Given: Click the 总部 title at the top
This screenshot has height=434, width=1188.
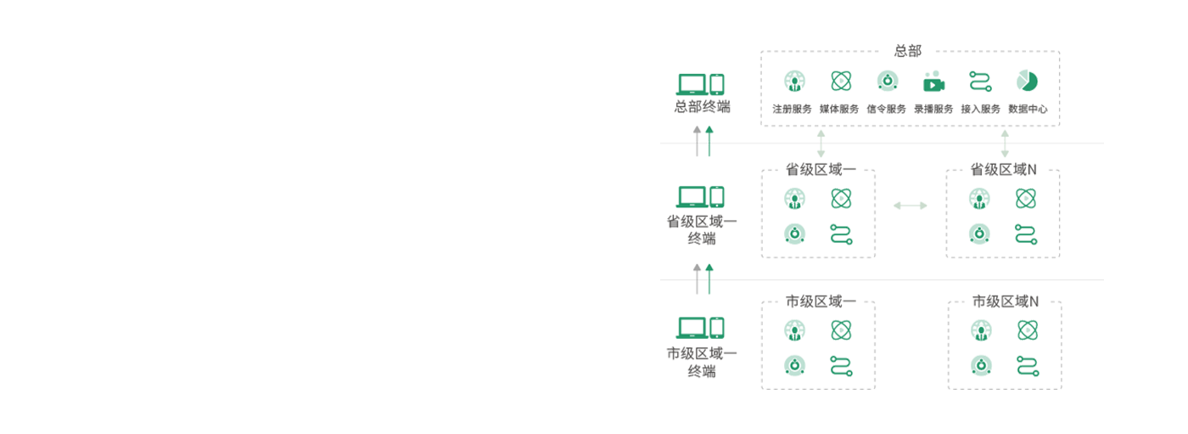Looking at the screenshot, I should point(907,51).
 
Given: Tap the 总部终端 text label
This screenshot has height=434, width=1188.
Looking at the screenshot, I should point(701,107).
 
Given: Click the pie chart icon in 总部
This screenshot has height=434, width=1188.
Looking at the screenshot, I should point(1029,82).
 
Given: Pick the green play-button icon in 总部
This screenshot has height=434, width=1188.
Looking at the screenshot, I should point(933,84).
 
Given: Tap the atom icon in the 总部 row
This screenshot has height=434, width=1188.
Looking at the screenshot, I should point(840,82).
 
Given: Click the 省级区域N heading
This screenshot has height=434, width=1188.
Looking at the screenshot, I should point(1005,171).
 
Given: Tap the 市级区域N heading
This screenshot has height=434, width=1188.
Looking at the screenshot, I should point(1005,302).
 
